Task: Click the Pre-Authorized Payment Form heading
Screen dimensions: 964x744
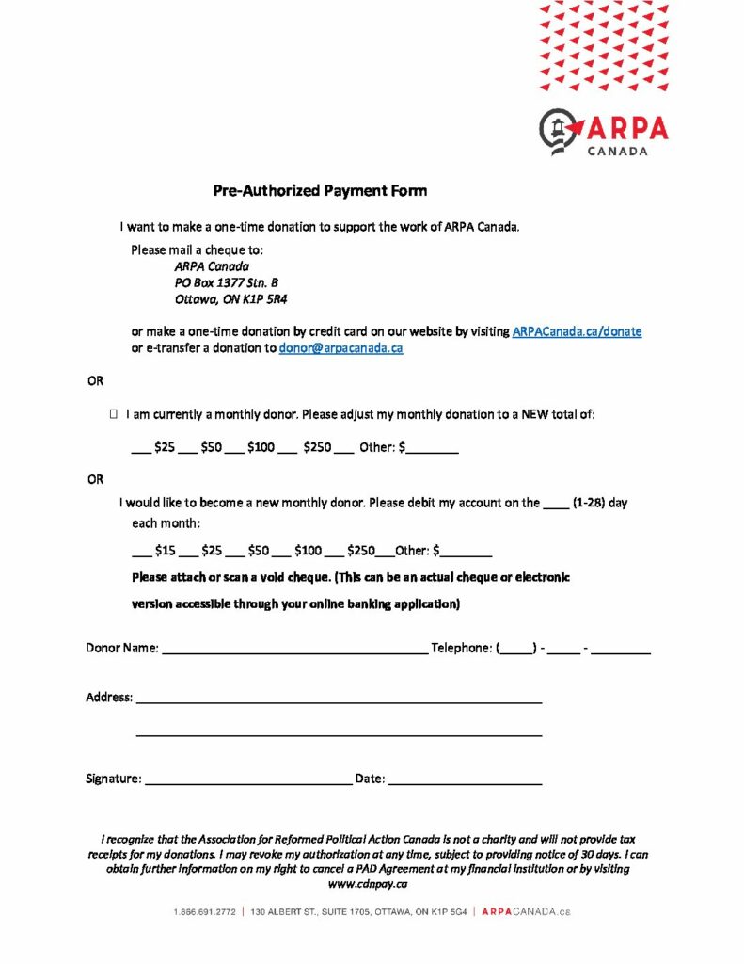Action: click(x=319, y=191)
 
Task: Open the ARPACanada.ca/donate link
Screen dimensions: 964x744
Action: click(x=577, y=331)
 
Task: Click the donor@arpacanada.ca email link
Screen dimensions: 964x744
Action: click(x=340, y=347)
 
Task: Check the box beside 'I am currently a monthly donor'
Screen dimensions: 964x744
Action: click(x=113, y=414)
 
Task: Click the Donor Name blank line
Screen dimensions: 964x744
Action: click(x=294, y=649)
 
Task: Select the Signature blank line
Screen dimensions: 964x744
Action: click(x=247, y=779)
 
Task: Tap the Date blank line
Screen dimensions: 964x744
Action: click(x=465, y=779)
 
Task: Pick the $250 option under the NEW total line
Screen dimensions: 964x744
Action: click(x=317, y=447)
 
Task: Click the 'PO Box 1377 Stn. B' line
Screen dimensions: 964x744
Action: click(x=227, y=283)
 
